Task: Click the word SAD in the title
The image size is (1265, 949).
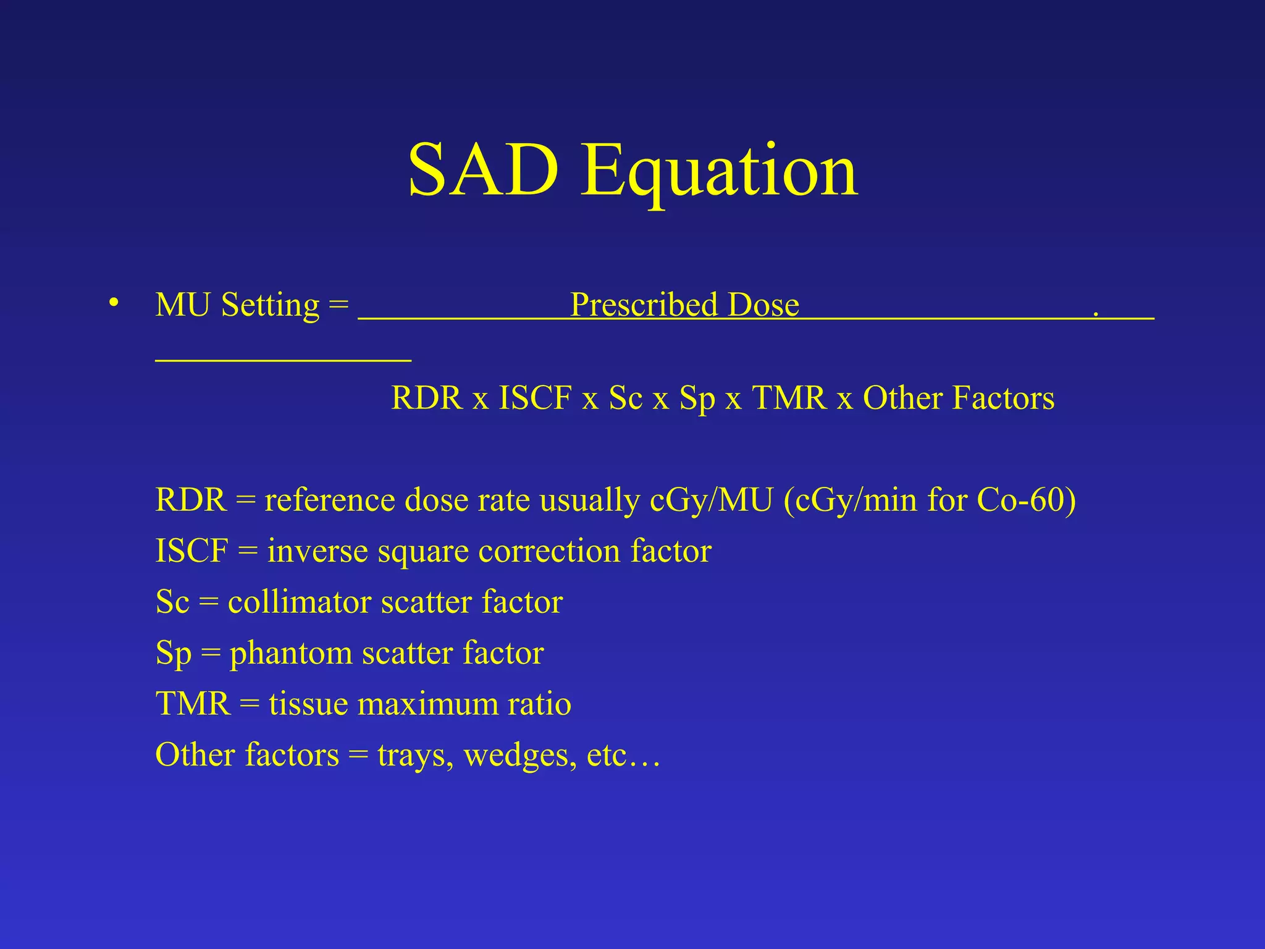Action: pos(483,169)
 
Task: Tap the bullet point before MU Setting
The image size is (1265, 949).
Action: pos(113,303)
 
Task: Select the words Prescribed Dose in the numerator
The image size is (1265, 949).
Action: pos(684,305)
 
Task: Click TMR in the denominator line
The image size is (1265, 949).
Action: pos(789,397)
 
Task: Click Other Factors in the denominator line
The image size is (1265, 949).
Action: pos(959,397)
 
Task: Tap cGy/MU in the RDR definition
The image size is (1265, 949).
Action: pos(711,499)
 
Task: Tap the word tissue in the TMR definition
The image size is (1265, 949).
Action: pos(308,704)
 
